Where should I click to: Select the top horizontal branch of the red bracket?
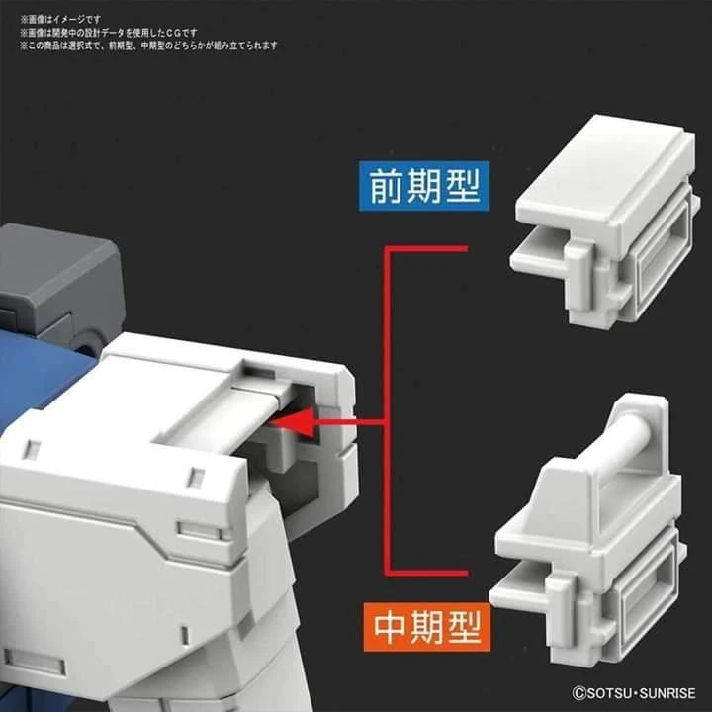425,250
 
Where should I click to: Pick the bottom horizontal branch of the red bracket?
425,572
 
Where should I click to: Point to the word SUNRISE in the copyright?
660,692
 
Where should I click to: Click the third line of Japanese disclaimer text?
148,45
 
